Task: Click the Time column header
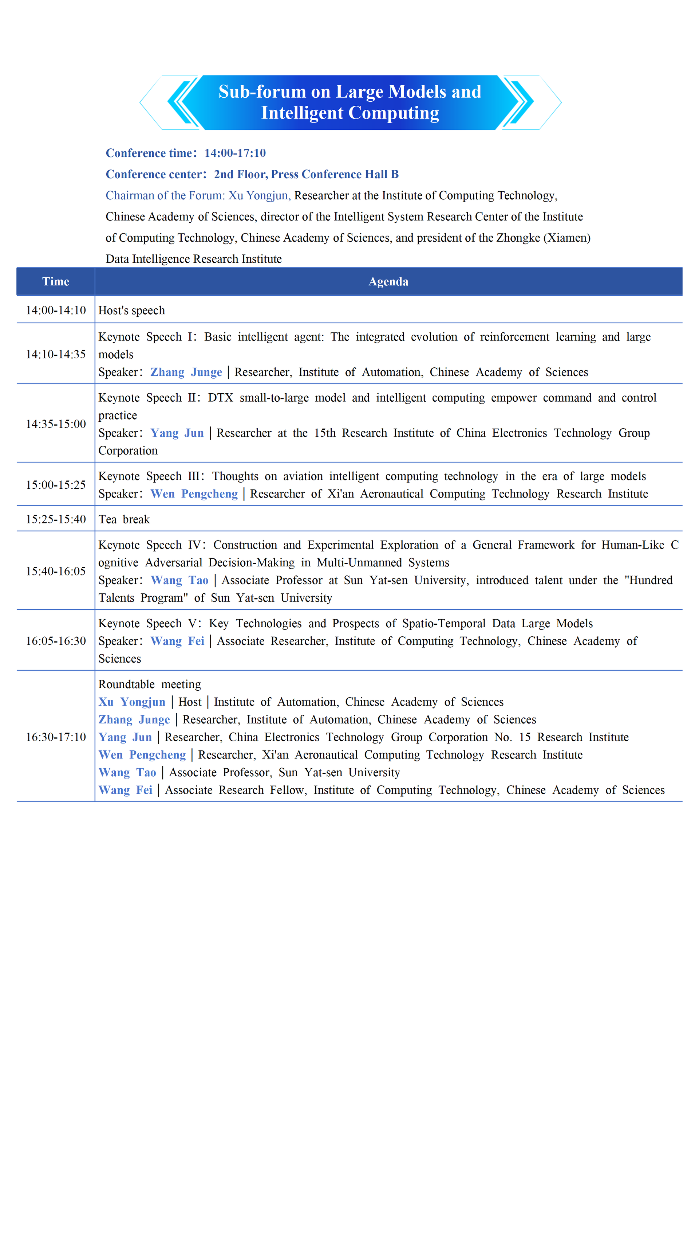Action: pyautogui.click(x=56, y=282)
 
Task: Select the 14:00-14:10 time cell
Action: pyautogui.click(x=56, y=311)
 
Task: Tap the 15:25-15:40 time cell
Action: pyautogui.click(x=56, y=519)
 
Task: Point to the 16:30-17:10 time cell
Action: pyautogui.click(x=56, y=737)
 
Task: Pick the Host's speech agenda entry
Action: pyautogui.click(x=131, y=311)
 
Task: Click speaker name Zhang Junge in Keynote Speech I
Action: pyautogui.click(x=186, y=372)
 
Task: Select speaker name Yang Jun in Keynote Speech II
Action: pyautogui.click(x=177, y=433)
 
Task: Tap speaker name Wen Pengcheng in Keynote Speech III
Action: pyautogui.click(x=194, y=494)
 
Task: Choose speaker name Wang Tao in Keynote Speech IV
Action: pyautogui.click(x=179, y=581)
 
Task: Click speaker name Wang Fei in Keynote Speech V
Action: pyautogui.click(x=177, y=641)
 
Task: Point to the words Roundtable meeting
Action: pyautogui.click(x=149, y=684)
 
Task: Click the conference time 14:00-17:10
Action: pyautogui.click(x=235, y=153)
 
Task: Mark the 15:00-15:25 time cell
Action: pyautogui.click(x=56, y=485)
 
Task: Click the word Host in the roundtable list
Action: pyautogui.click(x=190, y=702)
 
